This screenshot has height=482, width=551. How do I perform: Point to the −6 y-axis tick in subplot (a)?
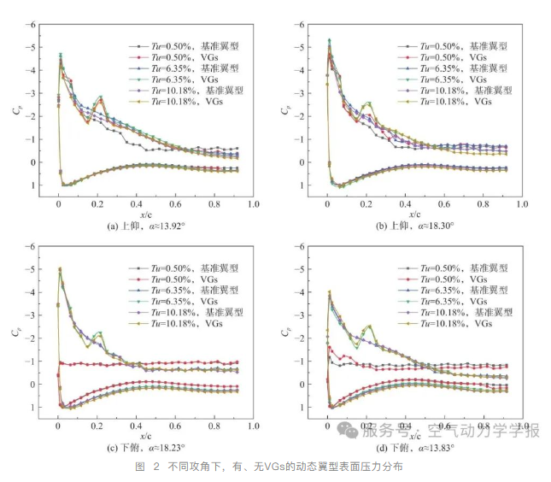[31, 24]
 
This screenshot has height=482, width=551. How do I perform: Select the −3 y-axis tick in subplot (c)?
[31, 315]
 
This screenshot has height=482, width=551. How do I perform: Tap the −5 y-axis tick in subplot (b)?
[301, 47]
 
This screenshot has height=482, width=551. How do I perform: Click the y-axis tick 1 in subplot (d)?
[303, 408]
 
